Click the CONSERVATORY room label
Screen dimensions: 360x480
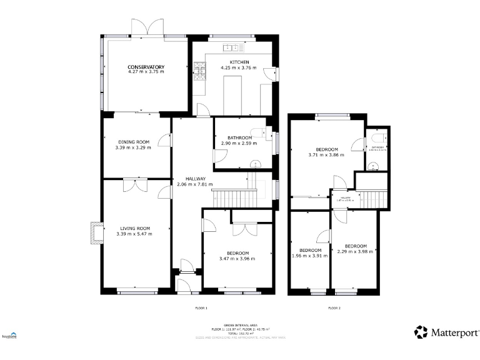[x=146, y=67]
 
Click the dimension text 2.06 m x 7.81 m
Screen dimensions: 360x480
[x=194, y=184]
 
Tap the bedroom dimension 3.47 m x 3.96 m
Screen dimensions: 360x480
[x=238, y=259]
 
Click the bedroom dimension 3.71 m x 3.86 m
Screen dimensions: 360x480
[x=326, y=155]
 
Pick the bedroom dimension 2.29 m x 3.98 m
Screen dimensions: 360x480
[x=354, y=252]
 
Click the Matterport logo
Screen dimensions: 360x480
[x=447, y=332]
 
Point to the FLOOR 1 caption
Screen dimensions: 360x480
[x=201, y=308]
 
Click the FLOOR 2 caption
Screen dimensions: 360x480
[x=334, y=308]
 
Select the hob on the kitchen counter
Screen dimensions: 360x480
[x=201, y=71]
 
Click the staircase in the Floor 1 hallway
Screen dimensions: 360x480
[x=234, y=198]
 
